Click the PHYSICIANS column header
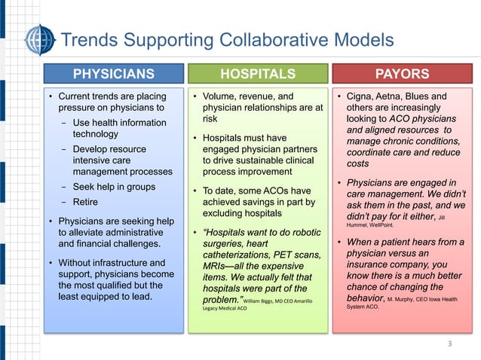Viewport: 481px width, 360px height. point(113,74)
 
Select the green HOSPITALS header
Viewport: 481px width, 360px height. point(256,74)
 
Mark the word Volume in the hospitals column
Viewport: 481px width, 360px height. point(219,96)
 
